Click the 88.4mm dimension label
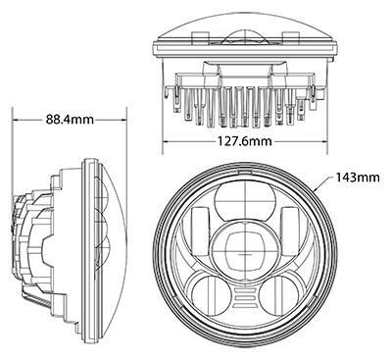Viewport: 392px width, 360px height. coord(70,120)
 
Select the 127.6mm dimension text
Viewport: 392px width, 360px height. coord(244,141)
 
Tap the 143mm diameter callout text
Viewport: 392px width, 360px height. coord(358,178)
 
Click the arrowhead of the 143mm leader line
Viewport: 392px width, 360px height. coord(315,189)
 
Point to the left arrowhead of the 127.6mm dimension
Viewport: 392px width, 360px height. coord(166,141)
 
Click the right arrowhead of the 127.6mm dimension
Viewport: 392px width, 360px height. coord(324,141)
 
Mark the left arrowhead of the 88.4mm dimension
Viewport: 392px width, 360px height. coord(16,120)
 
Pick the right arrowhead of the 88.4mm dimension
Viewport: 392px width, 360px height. coord(123,120)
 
